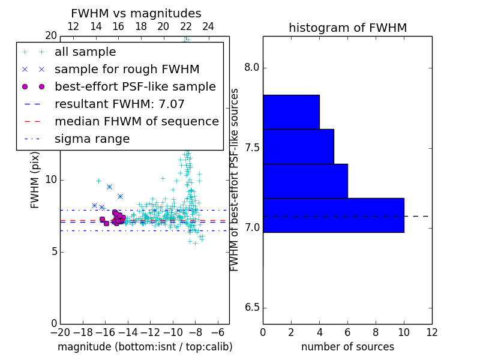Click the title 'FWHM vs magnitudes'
point(136,14)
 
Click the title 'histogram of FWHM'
point(347,28)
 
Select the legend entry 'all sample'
point(85,52)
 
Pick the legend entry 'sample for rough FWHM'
point(127,70)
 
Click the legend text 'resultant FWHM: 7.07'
point(119,104)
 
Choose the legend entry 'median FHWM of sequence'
point(136,122)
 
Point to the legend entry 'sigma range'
point(92,139)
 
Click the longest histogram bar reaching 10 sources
point(333,215)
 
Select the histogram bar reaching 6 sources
point(305,181)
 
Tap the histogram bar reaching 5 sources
point(298,146)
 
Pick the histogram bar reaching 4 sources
point(291,112)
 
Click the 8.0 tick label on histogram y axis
point(251,68)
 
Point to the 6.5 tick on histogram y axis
point(251,308)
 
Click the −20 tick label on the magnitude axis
point(59,332)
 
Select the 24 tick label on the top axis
point(208,26)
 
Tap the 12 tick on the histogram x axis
point(431,332)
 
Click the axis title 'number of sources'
point(347,347)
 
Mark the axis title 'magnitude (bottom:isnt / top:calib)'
point(145,347)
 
